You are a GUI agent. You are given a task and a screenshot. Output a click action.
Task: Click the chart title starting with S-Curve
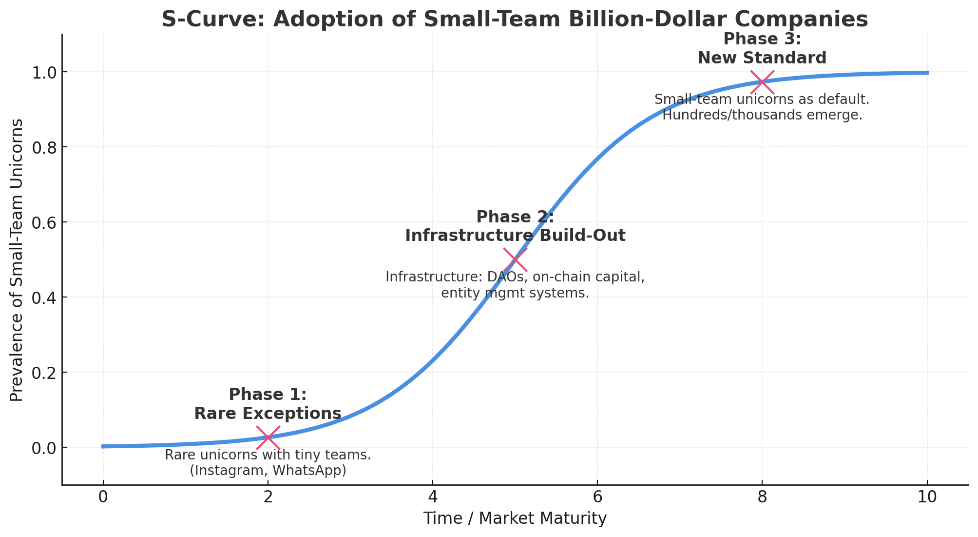click(515, 20)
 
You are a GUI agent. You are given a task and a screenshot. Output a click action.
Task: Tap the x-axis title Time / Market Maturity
click(515, 518)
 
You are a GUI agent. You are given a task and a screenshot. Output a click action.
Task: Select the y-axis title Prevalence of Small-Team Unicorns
click(17, 260)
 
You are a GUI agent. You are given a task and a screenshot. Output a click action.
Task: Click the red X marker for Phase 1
click(268, 438)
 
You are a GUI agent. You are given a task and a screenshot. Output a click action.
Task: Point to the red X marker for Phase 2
click(515, 259)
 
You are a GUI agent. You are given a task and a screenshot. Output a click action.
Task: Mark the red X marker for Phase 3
click(762, 81)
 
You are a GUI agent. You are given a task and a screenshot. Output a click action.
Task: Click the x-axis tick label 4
click(432, 497)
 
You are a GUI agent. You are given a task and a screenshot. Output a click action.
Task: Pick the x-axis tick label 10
click(927, 497)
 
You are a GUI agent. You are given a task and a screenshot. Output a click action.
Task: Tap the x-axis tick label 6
click(597, 497)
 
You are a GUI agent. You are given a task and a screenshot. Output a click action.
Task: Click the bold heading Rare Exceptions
click(268, 414)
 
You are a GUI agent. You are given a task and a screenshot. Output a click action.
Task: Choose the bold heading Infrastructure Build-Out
click(515, 236)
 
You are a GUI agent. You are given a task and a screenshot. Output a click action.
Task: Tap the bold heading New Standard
click(762, 58)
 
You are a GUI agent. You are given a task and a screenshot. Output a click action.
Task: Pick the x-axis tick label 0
click(103, 497)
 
